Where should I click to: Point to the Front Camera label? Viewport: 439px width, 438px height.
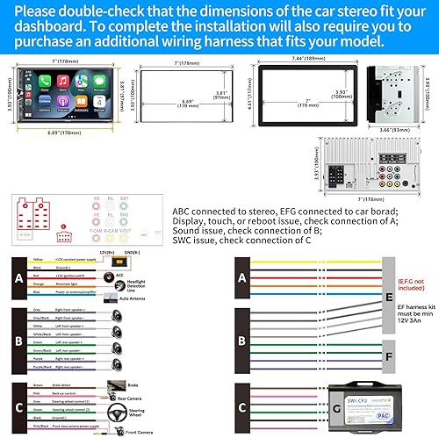point(135,431)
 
